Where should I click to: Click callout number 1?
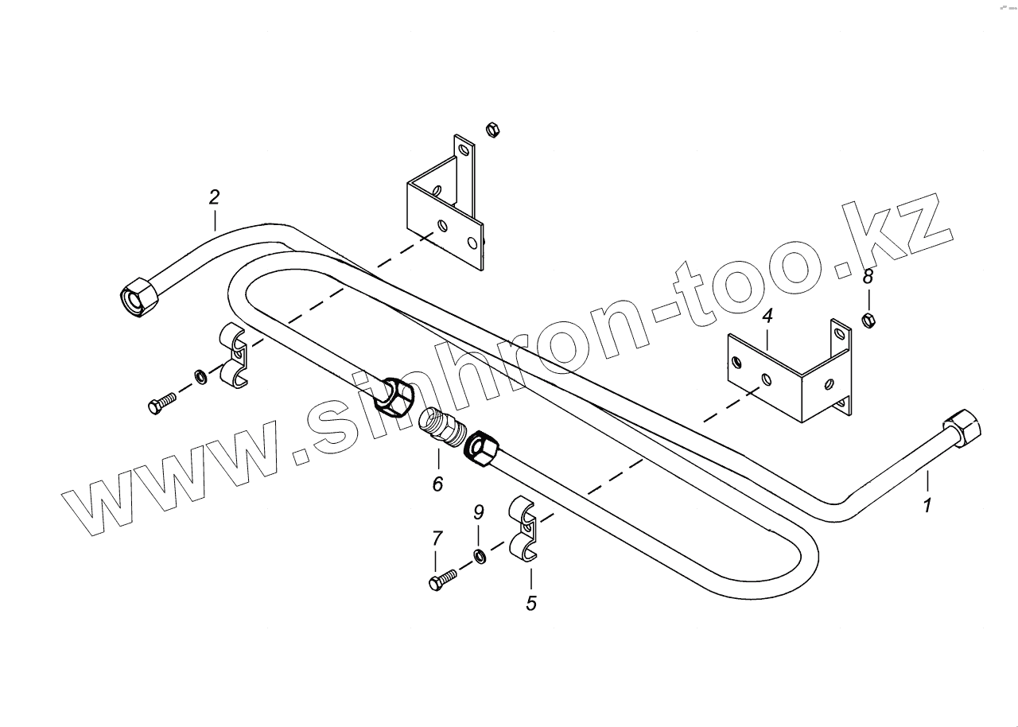(x=927, y=504)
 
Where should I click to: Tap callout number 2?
(x=214, y=197)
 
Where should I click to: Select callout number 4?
(x=767, y=317)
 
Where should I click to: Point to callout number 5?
(x=531, y=604)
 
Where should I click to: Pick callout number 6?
(x=437, y=483)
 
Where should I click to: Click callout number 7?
(x=437, y=539)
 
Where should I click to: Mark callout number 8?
(x=868, y=276)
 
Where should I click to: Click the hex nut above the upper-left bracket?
(x=492, y=129)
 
